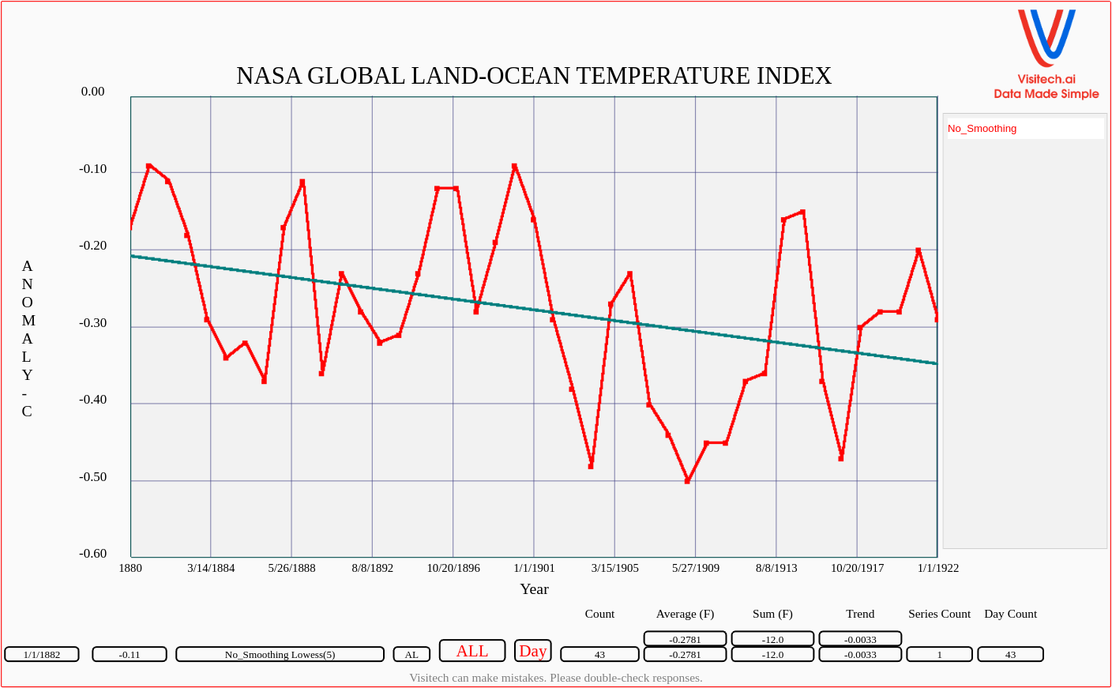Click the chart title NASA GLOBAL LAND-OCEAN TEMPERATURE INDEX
tap(534, 76)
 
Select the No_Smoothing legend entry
tap(982, 129)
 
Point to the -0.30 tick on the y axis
tap(92, 323)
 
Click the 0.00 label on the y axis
tap(92, 92)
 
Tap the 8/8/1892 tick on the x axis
tap(372, 568)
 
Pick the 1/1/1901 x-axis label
tap(534, 568)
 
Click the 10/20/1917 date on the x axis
tap(857, 568)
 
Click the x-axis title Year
tap(534, 589)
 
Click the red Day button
tap(532, 651)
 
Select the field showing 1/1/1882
tap(42, 655)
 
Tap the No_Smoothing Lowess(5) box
tap(280, 655)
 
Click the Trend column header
tap(860, 614)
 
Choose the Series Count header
tap(939, 614)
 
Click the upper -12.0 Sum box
tap(772, 639)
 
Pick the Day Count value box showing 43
tap(1010, 655)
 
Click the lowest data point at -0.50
tap(687, 480)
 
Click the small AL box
tap(411, 655)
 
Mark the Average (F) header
tap(685, 614)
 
